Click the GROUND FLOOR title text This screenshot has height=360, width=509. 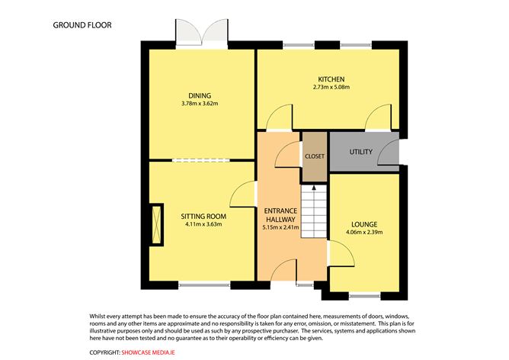pyautogui.click(x=82, y=24)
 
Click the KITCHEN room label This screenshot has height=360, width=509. pyautogui.click(x=331, y=79)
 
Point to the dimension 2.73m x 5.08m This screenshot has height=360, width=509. pyautogui.click(x=331, y=88)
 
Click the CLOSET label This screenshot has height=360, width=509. pyautogui.click(x=315, y=156)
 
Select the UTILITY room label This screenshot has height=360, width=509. pyautogui.click(x=361, y=152)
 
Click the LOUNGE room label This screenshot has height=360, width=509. pyautogui.click(x=364, y=224)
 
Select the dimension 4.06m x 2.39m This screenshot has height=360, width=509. pyautogui.click(x=364, y=233)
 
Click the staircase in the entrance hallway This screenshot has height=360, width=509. pyautogui.click(x=313, y=213)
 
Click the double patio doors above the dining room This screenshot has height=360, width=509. pyautogui.click(x=202, y=34)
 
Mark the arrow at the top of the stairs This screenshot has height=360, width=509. pyautogui.click(x=313, y=188)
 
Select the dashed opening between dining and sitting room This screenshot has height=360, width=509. pyautogui.click(x=201, y=160)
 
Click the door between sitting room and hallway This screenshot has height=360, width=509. pyautogui.click(x=245, y=194)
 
